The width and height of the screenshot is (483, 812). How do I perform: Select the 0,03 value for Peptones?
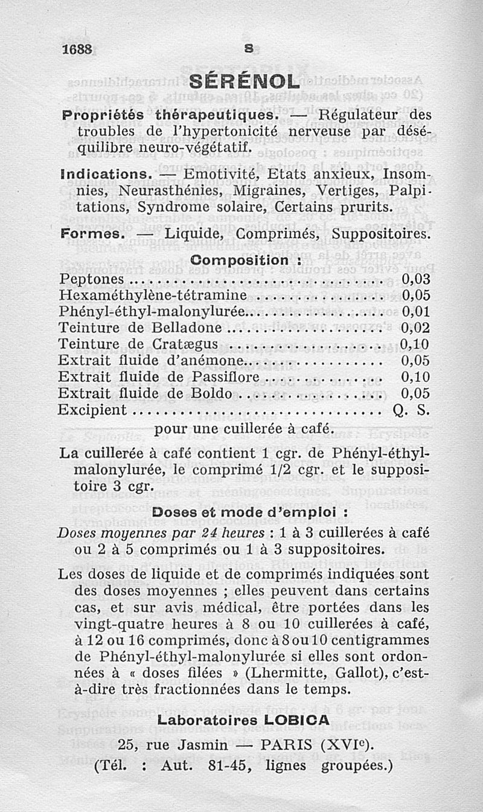415,279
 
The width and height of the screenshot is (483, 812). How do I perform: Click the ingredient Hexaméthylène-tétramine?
153,295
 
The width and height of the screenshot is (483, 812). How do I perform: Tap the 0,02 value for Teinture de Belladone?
415,328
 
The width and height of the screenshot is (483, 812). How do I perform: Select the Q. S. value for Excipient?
411,410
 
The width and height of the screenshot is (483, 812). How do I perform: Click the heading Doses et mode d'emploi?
250,512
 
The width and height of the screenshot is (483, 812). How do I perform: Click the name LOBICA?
296,720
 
